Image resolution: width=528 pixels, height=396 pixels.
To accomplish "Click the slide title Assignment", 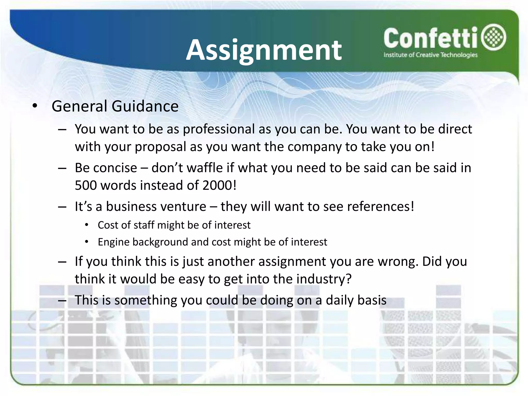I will [x=264, y=50].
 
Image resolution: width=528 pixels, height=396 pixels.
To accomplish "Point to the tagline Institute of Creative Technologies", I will [x=430, y=55].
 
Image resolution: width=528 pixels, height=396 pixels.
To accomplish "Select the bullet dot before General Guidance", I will [x=35, y=106].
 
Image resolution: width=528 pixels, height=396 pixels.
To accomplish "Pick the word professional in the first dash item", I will [x=219, y=129].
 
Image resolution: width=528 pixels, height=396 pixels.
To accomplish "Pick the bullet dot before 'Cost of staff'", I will [x=87, y=225].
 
